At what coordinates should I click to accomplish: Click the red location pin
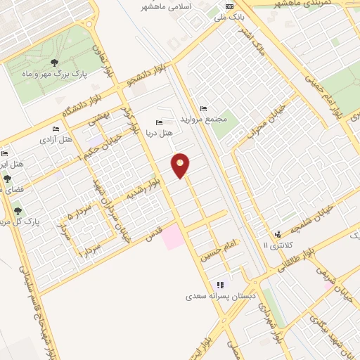click(x=181, y=165)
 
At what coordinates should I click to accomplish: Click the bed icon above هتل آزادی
click(x=55, y=129)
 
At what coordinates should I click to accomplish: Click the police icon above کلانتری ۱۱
click(x=279, y=233)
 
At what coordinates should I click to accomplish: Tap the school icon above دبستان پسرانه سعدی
click(x=220, y=285)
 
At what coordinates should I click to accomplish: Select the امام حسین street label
click(x=219, y=246)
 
